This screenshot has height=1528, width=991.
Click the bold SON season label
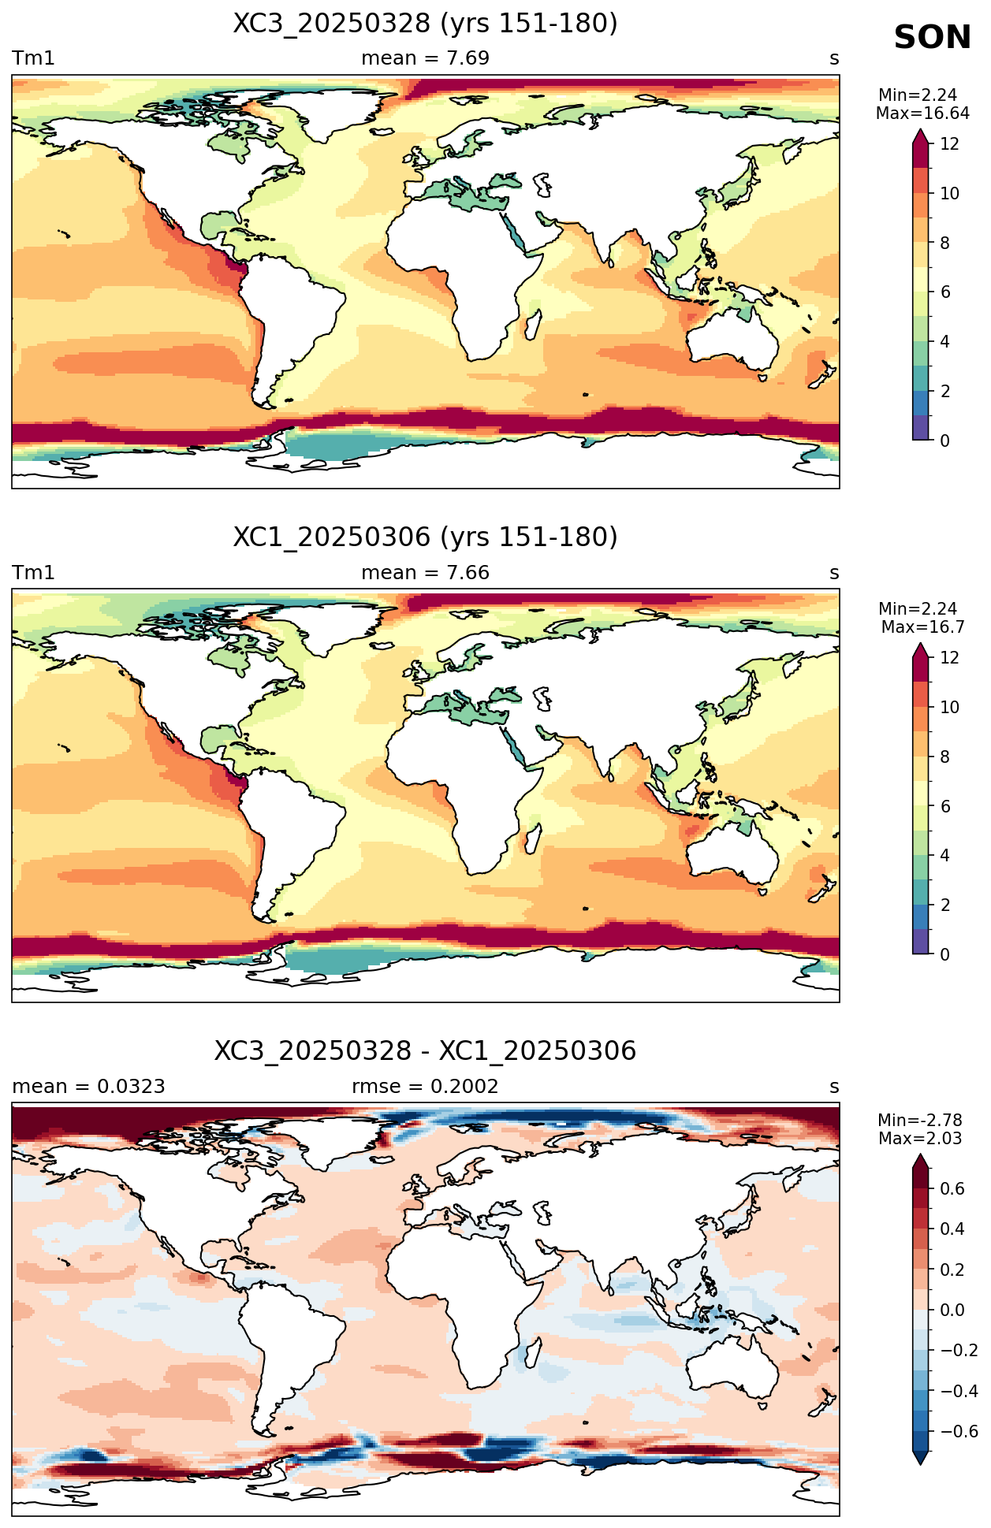pyautogui.click(x=932, y=38)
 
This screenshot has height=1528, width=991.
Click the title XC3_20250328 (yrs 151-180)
pyautogui.click(x=425, y=24)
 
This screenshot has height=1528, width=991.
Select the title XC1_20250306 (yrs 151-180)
pyautogui.click(x=425, y=537)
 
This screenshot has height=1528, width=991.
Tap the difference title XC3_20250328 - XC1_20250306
pyautogui.click(x=425, y=1051)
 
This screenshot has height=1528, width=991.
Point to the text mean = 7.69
pyautogui.click(x=425, y=58)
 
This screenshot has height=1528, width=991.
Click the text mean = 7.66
pyautogui.click(x=425, y=573)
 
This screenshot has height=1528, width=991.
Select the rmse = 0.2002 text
pyautogui.click(x=425, y=1087)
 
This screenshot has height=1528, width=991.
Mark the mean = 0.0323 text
pyautogui.click(x=88, y=1087)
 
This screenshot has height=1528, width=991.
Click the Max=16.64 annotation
pyautogui.click(x=922, y=113)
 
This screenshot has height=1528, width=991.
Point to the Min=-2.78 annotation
pyautogui.click(x=920, y=1121)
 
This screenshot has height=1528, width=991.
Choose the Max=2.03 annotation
pyautogui.click(x=920, y=1139)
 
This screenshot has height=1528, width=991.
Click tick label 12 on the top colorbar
pyautogui.click(x=949, y=144)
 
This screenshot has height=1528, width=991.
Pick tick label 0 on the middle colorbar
pyautogui.click(x=944, y=954)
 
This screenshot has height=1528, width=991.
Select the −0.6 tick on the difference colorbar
pyautogui.click(x=959, y=1431)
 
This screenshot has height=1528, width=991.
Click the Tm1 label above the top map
pyautogui.click(x=33, y=58)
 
